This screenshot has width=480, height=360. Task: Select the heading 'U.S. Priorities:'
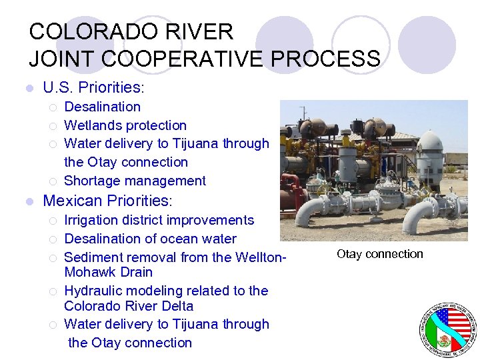tap(94, 87)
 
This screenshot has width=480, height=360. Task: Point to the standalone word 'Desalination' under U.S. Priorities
tap(102, 107)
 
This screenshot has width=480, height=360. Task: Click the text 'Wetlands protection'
tap(125, 125)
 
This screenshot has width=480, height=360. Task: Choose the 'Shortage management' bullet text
tap(135, 181)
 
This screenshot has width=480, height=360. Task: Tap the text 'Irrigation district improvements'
tap(159, 220)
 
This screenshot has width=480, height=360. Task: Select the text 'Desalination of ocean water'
tap(150, 239)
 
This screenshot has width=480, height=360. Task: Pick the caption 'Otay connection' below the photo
tap(379, 254)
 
